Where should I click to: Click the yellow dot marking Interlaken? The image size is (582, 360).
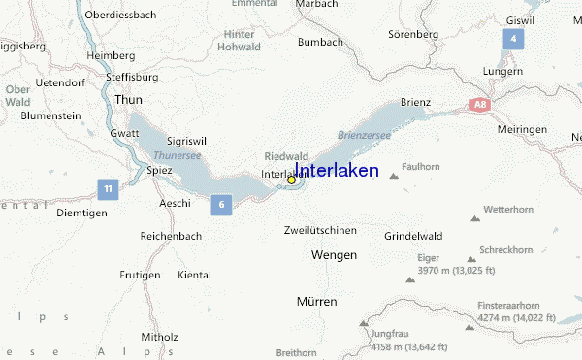(x=291, y=180)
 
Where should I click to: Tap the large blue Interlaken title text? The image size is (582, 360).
(x=337, y=171)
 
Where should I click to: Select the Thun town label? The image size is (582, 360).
(x=128, y=100)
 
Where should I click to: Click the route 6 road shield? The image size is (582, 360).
(x=222, y=204)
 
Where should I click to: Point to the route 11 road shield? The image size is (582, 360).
(x=108, y=187)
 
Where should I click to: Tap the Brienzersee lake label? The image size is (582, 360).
(x=364, y=136)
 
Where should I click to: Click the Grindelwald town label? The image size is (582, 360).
(x=413, y=236)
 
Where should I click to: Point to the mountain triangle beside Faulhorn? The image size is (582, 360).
(x=393, y=177)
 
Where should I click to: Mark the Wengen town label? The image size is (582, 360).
(x=333, y=254)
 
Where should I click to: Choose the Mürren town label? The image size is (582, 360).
(x=316, y=302)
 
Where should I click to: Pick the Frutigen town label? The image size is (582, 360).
(x=140, y=276)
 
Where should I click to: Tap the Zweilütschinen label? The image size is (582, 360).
(x=320, y=230)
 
